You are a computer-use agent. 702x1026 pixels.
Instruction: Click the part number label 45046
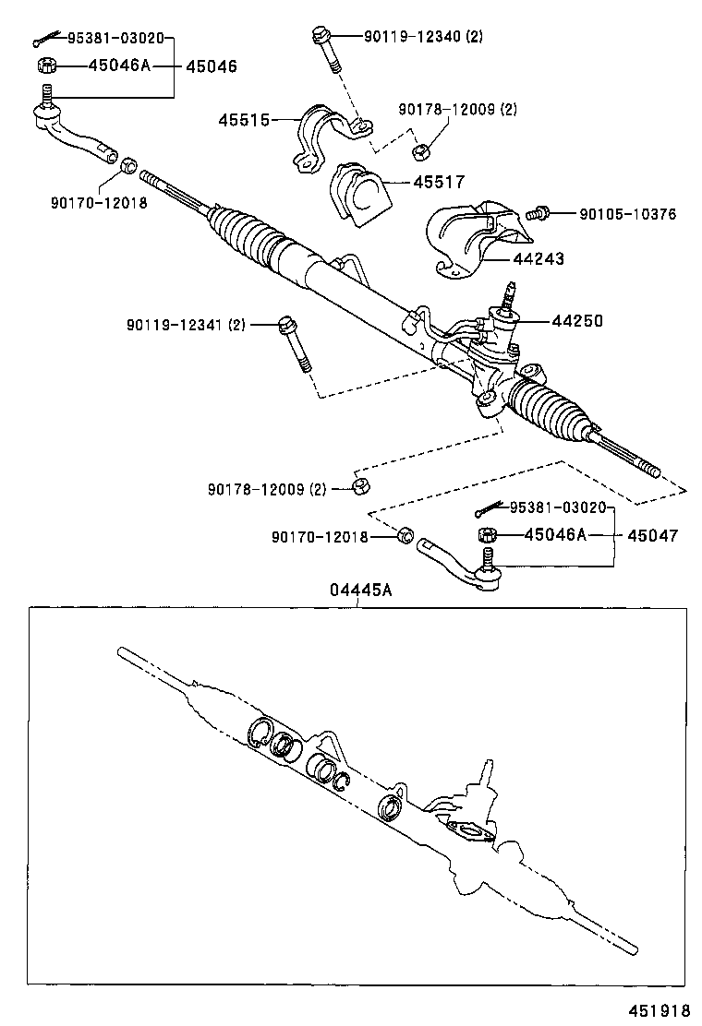tap(212, 66)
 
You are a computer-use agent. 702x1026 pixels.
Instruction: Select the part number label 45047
tap(653, 535)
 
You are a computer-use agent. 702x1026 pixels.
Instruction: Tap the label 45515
tap(244, 120)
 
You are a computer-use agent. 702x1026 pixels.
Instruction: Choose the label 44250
tap(577, 321)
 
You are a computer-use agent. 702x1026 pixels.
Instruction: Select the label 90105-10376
tap(627, 214)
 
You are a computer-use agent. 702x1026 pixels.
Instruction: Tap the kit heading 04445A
tap(361, 591)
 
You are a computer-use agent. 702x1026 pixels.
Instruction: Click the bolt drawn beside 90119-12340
tap(326, 52)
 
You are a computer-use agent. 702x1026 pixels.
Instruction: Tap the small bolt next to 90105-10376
tap(538, 214)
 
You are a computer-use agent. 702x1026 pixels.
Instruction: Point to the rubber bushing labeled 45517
tap(358, 190)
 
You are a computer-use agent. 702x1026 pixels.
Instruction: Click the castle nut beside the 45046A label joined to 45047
tap(487, 535)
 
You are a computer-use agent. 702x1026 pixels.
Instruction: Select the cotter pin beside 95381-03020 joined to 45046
tap(41, 41)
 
